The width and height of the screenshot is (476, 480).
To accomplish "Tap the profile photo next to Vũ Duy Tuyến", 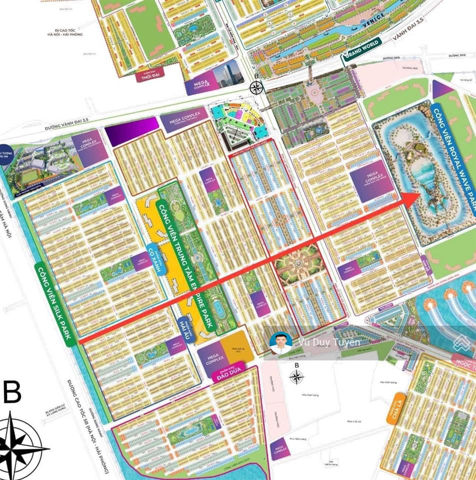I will coord(280,343).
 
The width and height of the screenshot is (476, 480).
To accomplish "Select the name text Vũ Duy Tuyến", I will coord(328,342).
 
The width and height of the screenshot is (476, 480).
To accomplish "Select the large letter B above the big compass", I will coord(12,392).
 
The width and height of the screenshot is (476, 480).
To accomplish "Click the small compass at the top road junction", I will coord(256,88).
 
